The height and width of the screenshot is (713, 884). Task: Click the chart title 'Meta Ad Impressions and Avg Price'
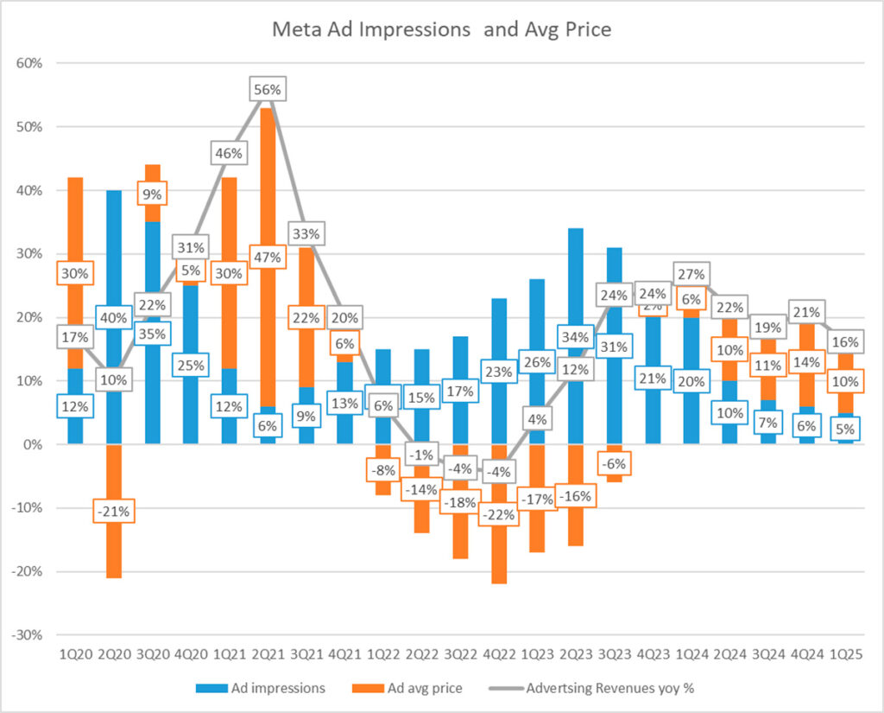(x=441, y=30)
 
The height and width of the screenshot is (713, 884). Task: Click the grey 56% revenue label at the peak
(x=267, y=89)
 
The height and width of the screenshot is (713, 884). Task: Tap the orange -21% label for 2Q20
(x=114, y=511)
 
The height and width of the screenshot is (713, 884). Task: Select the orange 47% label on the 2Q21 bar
(x=267, y=258)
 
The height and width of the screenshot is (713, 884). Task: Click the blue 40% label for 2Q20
(x=114, y=317)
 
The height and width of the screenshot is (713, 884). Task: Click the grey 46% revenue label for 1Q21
(x=229, y=153)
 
